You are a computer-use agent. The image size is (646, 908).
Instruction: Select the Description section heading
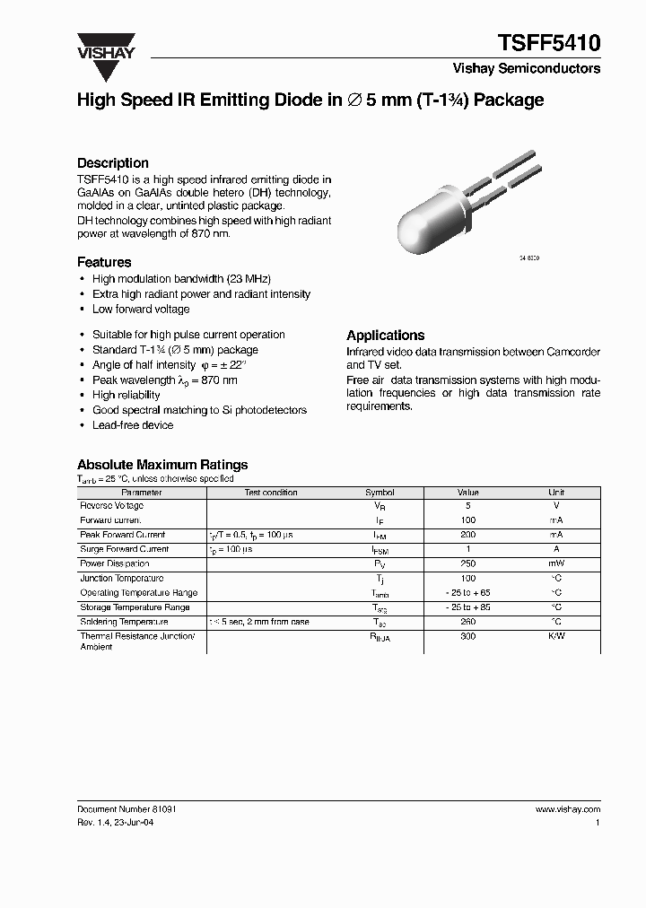112,163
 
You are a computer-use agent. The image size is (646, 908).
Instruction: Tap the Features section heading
104,262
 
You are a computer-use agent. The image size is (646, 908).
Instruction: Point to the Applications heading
385,335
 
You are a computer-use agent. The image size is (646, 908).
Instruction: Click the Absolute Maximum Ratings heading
162,465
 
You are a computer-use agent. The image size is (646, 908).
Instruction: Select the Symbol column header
380,493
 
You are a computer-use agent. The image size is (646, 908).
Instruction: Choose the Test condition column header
271,493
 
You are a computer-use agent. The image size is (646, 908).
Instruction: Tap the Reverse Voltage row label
110,506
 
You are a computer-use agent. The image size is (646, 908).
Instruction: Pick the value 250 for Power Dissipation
468,563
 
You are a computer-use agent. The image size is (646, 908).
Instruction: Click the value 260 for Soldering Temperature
468,621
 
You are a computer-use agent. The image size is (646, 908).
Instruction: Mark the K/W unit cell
556,635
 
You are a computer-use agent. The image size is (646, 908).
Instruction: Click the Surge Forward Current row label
124,549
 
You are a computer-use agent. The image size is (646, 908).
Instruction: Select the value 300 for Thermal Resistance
468,635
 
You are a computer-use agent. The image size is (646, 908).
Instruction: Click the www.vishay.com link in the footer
567,808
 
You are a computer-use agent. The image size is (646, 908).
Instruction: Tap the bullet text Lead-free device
133,425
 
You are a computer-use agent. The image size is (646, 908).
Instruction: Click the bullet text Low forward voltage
141,309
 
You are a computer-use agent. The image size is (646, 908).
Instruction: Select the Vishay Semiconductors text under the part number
526,68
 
